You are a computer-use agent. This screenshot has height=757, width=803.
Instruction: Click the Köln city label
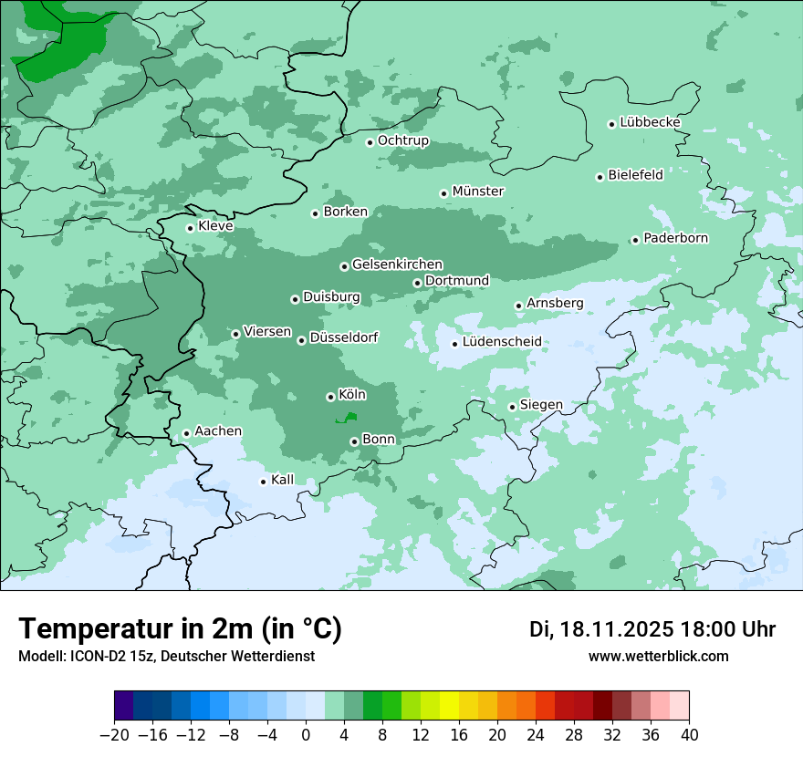352,395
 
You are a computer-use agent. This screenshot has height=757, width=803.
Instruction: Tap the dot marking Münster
443,193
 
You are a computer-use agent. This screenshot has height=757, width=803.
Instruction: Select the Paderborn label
675,238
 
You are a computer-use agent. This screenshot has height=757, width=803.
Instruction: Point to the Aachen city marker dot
186,434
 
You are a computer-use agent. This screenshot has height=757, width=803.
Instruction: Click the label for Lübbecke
650,122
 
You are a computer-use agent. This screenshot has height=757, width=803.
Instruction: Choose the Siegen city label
541,405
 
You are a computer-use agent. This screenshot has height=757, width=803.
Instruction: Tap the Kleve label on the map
215,226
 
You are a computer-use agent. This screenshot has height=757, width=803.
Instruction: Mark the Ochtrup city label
402,140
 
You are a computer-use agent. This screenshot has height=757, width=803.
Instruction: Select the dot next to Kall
263,482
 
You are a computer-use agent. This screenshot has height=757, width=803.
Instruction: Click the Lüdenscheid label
502,342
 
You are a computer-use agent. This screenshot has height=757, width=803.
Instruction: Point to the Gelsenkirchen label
397,264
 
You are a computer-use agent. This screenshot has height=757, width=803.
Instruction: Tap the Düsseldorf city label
344,338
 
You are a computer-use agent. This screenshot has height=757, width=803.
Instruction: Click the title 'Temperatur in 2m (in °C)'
180,629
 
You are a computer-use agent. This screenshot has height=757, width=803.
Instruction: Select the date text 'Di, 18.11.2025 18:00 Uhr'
652,629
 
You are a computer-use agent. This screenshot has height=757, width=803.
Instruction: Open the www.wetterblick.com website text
658,657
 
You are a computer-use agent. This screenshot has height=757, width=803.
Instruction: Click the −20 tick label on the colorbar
114,735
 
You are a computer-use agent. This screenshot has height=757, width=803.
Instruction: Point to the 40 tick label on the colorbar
689,735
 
